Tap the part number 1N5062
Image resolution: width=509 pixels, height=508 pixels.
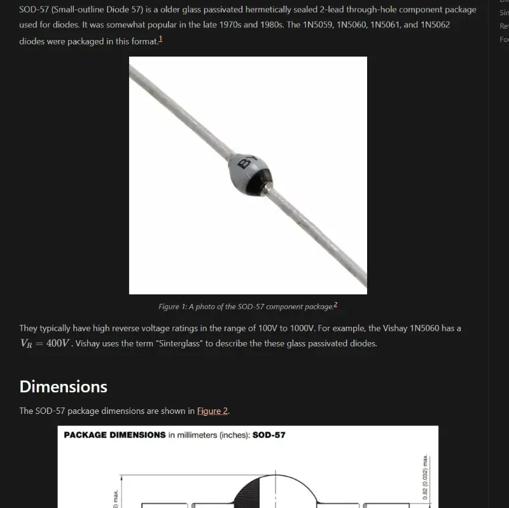point(435,25)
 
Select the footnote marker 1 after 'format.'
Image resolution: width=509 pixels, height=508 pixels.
point(160,39)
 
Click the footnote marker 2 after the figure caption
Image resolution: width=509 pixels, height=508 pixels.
point(335,305)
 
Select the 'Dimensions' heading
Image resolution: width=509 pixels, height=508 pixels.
point(63,387)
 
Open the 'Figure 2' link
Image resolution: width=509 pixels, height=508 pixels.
point(212,411)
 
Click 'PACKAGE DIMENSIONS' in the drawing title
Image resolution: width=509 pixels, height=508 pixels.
point(115,435)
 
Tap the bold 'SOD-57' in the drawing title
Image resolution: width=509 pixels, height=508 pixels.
point(269,435)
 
